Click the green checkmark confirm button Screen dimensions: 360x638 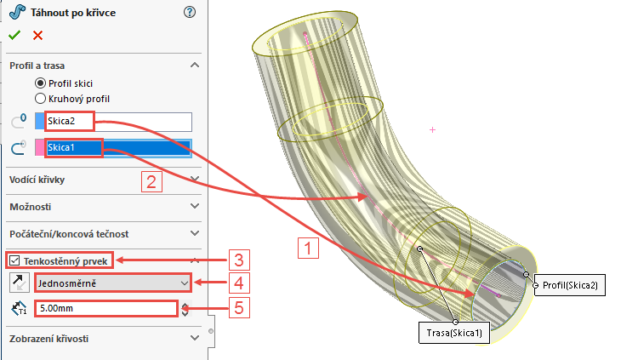coord(14,35)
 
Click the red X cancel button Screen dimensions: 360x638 coord(37,35)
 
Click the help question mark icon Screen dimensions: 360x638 coord(189,12)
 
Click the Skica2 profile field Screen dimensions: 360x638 coord(119,122)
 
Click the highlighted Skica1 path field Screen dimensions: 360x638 coord(119,148)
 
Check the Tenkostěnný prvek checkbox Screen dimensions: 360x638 coord(14,260)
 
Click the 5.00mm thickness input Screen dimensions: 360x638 coord(106,309)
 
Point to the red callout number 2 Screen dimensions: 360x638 coord(151,180)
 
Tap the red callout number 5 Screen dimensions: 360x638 coord(240,307)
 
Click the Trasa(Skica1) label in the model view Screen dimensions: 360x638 coord(455,334)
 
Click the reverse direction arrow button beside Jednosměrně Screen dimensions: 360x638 coord(18,282)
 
